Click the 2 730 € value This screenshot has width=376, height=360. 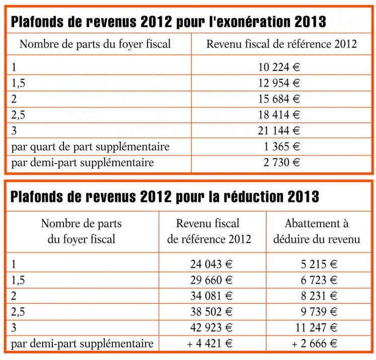[x=283, y=162]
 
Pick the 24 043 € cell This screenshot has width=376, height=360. [x=211, y=263]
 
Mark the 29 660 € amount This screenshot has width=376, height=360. [x=211, y=279]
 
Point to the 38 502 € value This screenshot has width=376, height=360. [x=211, y=312]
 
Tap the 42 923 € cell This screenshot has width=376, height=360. [x=211, y=328]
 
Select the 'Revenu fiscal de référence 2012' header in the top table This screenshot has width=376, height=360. [x=281, y=44]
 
